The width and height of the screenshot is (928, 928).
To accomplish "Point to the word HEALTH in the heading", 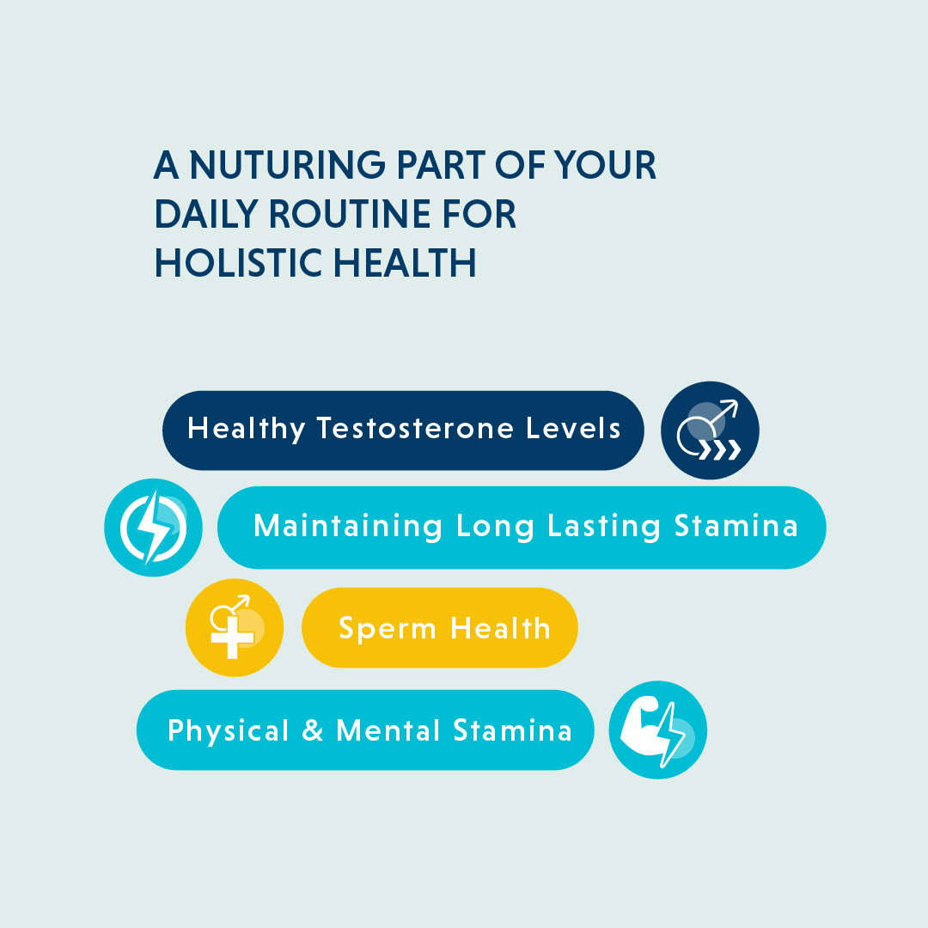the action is [x=405, y=263].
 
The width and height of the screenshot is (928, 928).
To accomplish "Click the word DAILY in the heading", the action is [x=206, y=214].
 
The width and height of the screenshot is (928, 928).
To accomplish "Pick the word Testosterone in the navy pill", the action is [x=415, y=429].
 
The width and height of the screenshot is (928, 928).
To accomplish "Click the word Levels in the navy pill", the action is [x=573, y=428].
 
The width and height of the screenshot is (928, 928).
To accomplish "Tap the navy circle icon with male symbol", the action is [x=710, y=430].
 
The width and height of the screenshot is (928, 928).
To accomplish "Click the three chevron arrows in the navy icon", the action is [x=720, y=449].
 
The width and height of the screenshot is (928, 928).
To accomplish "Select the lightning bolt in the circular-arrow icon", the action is [x=153, y=527].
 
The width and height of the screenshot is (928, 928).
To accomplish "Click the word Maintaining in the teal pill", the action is [x=348, y=526].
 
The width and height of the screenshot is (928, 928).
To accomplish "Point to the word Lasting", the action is [x=604, y=526].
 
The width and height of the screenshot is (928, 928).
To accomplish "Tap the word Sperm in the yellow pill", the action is [x=387, y=628].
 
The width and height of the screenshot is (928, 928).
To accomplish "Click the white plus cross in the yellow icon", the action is [x=233, y=637].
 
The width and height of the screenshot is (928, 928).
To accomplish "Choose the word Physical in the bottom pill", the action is [x=228, y=731].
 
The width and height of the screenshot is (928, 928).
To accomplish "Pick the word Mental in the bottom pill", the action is [x=388, y=730].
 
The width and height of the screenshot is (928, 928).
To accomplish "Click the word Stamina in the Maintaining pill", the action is [x=736, y=526].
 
